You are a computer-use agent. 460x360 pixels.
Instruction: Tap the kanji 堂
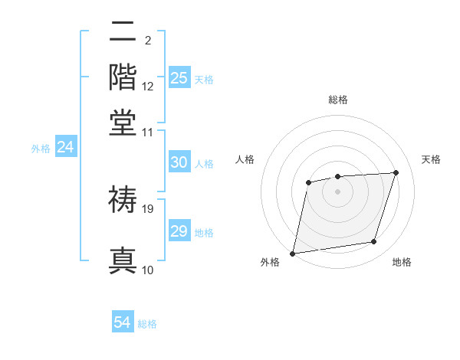(123, 123)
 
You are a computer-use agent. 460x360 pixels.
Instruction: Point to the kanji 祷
(123, 199)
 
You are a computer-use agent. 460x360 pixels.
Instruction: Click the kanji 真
(123, 260)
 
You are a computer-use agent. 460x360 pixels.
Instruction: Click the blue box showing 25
(179, 77)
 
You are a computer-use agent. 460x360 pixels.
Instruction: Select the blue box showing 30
(179, 162)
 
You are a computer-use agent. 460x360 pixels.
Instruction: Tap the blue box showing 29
(179, 231)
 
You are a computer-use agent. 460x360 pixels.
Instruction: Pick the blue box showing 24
(65, 148)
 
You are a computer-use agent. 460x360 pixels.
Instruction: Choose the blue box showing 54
(122, 322)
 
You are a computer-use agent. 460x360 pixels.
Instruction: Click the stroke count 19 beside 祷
(149, 208)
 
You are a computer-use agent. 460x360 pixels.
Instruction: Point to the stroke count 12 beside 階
(149, 87)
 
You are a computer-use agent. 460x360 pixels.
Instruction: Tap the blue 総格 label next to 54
(147, 324)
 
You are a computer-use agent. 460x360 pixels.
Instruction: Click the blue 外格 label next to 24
(41, 149)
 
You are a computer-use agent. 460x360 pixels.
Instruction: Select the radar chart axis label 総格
(337, 100)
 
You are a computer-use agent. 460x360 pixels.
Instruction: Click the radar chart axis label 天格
(431, 159)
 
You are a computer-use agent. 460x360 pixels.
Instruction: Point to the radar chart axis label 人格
(245, 159)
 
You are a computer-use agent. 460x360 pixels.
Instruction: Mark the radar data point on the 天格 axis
(396, 172)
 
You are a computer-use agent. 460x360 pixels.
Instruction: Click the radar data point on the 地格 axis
(374, 242)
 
